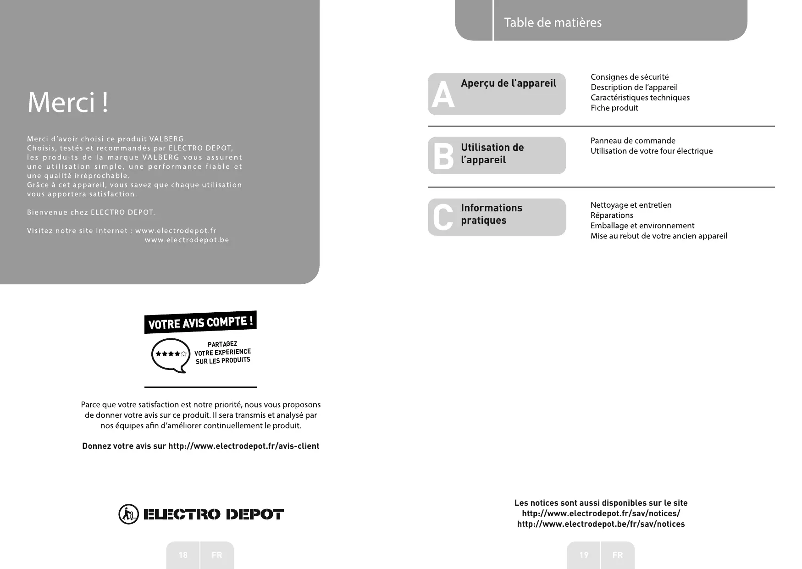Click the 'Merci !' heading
[68, 103]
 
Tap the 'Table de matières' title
[553, 22]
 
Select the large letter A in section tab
[443, 95]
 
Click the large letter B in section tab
[443, 156]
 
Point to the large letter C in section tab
[443, 217]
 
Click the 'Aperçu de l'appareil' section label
[509, 83]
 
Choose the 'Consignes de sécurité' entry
[630, 77]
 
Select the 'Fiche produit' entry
[614, 108]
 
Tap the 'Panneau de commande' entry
[633, 141]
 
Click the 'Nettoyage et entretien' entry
[631, 205]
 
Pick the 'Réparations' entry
[612, 215]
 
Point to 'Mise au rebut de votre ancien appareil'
[658, 236]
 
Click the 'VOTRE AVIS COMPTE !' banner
[200, 322]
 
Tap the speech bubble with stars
[171, 354]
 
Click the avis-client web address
[243, 446]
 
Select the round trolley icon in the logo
[128, 514]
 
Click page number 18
[183, 555]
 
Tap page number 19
[584, 555]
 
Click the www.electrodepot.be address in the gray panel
[187, 240]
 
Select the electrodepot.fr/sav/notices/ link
[601, 514]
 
